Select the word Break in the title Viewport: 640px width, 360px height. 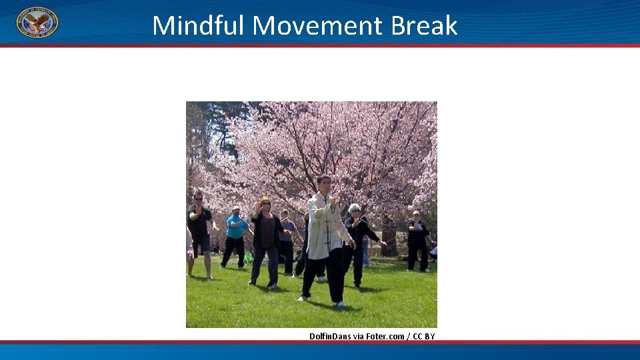coord(424,25)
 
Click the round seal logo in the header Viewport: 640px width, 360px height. coord(37,22)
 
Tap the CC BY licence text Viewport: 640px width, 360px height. coord(424,336)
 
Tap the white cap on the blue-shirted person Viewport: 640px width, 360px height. coord(235,208)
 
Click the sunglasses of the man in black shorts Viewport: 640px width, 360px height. coord(198,198)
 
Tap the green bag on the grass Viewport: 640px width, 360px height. coord(249,257)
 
